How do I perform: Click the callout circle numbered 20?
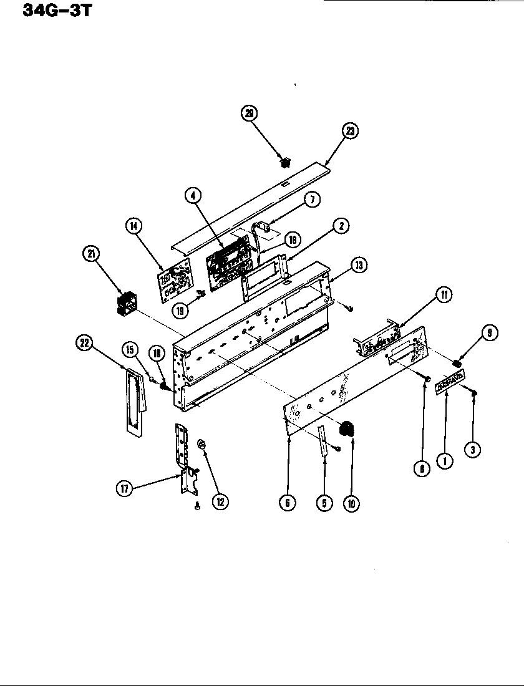point(250,114)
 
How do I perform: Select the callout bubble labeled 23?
point(351,132)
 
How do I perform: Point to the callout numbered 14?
point(133,226)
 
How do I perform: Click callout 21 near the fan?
point(92,254)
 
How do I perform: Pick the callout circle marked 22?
point(84,342)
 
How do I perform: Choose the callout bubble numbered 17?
point(124,490)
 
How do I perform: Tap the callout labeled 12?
point(220,500)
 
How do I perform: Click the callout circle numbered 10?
point(351,503)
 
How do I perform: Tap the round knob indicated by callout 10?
point(346,430)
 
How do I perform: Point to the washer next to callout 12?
point(201,443)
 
